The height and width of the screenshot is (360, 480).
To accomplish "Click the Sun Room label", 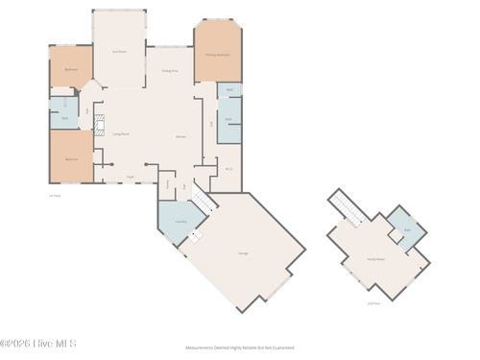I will point(119,51).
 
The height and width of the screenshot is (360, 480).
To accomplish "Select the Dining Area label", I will point(169,71).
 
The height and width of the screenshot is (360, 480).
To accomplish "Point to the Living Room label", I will point(121,134).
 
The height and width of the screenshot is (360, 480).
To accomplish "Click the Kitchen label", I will point(180,137).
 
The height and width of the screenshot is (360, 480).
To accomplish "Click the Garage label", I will point(244,252).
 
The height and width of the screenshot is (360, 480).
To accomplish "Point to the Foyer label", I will point(131,177).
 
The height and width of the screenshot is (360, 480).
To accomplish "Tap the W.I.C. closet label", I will point(228,169).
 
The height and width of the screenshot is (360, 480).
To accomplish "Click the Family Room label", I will point(374,259).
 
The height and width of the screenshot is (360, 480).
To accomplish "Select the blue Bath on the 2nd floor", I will point(407,230).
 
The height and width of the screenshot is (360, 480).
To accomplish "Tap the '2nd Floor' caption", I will point(373,303).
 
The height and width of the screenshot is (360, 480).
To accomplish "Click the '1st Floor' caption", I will point(55,195).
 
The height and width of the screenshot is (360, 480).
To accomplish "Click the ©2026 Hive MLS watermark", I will point(38,343).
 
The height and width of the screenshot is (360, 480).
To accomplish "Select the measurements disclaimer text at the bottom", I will point(239,348).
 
